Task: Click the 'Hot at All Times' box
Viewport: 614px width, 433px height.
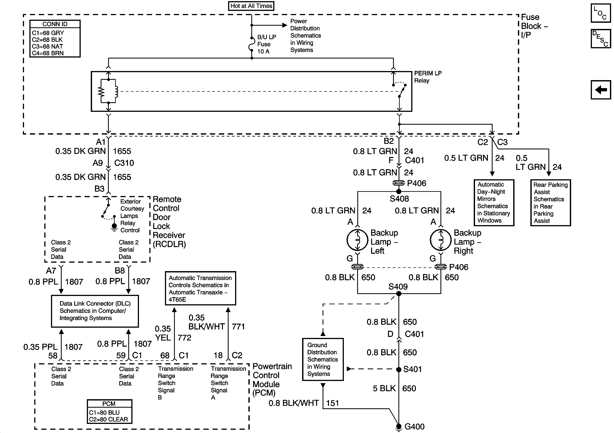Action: click(251, 6)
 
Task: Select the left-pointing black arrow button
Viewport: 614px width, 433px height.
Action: click(601, 90)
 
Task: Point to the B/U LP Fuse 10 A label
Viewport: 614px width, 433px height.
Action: click(267, 44)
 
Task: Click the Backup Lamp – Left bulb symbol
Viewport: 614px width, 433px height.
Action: click(357, 240)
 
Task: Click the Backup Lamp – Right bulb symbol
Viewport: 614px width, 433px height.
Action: click(441, 240)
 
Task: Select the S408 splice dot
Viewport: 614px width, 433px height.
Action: click(399, 191)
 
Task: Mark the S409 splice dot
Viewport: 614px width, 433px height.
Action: click(399, 294)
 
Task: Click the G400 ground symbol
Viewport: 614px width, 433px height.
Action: click(399, 427)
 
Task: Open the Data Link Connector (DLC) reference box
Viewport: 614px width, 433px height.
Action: click(95, 311)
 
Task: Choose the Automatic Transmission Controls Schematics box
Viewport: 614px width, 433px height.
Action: click(200, 288)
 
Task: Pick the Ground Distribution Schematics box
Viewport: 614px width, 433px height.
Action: click(323, 359)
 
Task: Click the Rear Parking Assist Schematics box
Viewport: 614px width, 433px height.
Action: click(551, 203)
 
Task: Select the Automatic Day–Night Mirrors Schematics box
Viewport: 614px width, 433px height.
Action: click(494, 203)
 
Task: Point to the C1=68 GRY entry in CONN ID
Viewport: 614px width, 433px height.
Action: click(48, 33)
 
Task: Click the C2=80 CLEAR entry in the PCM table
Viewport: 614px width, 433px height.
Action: click(109, 419)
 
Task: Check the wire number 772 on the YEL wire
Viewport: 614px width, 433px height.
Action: click(185, 337)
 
